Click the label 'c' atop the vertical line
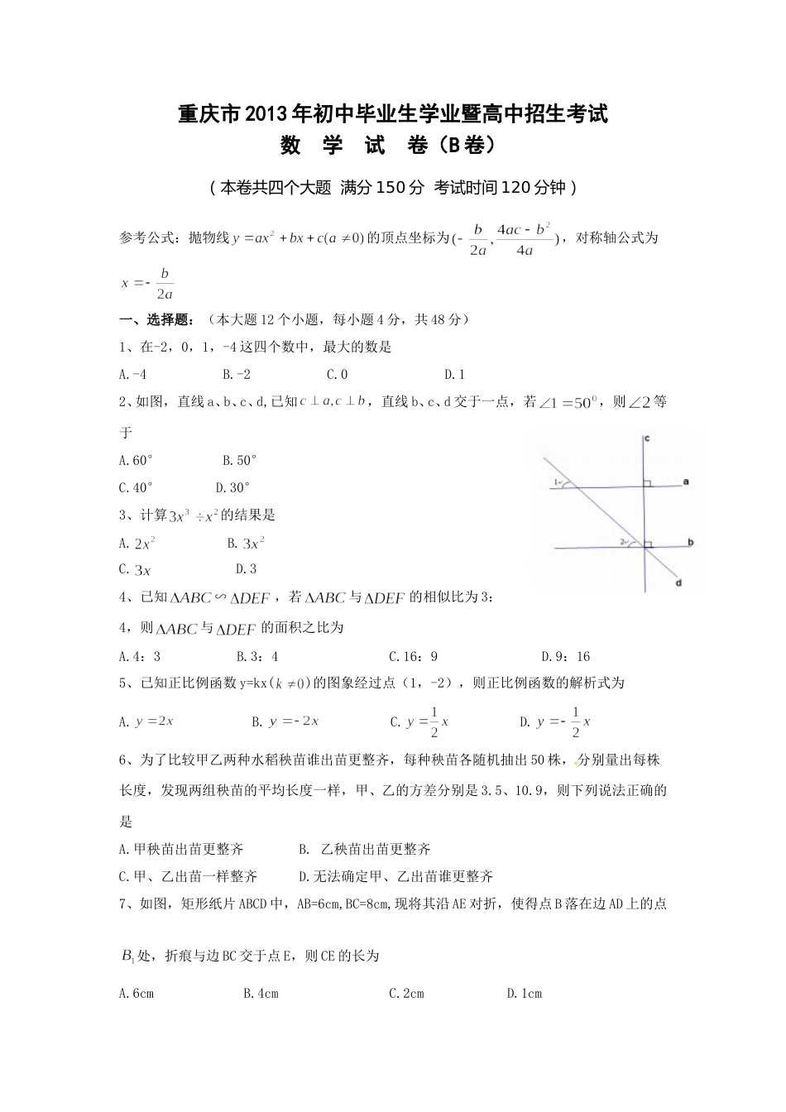click(x=646, y=439)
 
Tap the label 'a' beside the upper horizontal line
click(x=688, y=481)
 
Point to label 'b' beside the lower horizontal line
click(x=690, y=542)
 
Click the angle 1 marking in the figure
click(x=558, y=483)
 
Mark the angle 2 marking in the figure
click(x=623, y=543)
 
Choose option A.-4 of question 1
click(x=133, y=375)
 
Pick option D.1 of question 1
click(x=455, y=375)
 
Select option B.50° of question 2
click(x=240, y=460)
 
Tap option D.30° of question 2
click(x=232, y=488)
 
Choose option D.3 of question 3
click(x=246, y=569)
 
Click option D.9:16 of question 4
click(x=566, y=657)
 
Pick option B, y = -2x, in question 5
click(x=286, y=721)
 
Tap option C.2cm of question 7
click(x=406, y=994)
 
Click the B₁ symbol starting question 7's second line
click(x=128, y=956)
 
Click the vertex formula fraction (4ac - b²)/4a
click(x=524, y=239)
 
